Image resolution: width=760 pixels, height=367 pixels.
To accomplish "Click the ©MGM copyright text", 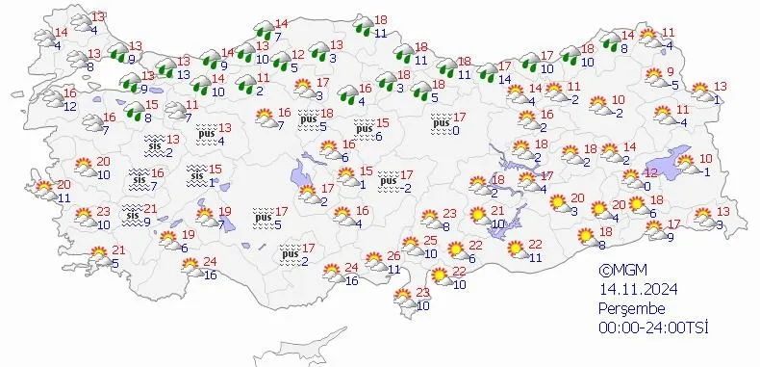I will point(618,272).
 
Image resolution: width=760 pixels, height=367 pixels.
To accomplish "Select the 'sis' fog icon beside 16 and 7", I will point(140,178).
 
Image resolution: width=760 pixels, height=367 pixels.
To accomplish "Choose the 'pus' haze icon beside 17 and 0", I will point(442,122).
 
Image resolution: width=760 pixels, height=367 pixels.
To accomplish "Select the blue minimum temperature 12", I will point(69,106).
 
